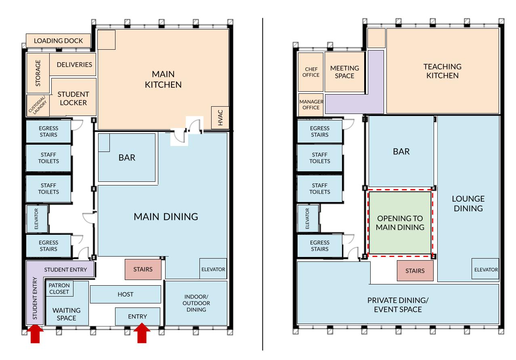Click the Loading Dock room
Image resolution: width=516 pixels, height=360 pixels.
coord(58,41)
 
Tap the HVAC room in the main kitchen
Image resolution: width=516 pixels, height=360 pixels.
coord(220,118)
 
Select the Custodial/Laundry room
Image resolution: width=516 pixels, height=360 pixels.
coord(38,105)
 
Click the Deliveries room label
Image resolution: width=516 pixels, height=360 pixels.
coord(74,65)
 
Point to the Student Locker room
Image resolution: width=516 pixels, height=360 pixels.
coord(73,97)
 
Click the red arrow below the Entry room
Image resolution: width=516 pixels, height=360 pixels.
coord(142,333)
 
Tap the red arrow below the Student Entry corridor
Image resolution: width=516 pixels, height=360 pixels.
coord(35,333)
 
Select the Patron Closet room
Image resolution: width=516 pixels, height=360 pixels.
coord(59,288)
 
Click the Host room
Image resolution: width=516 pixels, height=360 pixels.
coord(126,294)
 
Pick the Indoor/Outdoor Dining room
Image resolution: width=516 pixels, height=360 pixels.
coord(196,303)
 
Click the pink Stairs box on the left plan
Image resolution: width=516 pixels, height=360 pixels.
coord(143,269)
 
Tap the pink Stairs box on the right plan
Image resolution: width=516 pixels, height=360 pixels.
coord(415,271)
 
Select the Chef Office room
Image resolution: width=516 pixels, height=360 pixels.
coord(311,72)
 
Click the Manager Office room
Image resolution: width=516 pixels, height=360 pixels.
coord(311,105)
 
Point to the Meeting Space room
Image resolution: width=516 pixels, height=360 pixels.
coord(345,72)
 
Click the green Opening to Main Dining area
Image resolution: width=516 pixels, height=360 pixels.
coord(400,223)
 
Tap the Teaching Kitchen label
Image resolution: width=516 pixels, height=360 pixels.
coord(443,71)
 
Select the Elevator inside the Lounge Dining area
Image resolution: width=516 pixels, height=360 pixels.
coord(485,269)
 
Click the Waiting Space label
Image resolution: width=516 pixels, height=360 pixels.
coord(67,314)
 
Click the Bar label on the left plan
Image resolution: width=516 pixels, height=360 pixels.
coord(127,158)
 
